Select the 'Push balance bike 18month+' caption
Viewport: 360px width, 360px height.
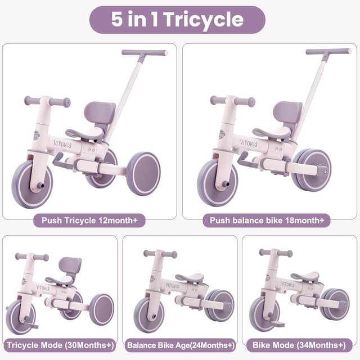click(270, 220)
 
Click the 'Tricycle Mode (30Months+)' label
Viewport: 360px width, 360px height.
click(60, 344)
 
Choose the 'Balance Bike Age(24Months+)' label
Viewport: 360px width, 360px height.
click(180, 344)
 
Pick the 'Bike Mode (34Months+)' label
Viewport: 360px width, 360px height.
click(300, 344)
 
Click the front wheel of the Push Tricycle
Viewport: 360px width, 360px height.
click(33, 183)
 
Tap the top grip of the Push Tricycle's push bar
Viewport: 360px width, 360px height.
click(145, 53)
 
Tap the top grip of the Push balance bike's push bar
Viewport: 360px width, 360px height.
click(328, 52)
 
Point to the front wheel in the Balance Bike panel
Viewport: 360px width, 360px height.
click(148, 315)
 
